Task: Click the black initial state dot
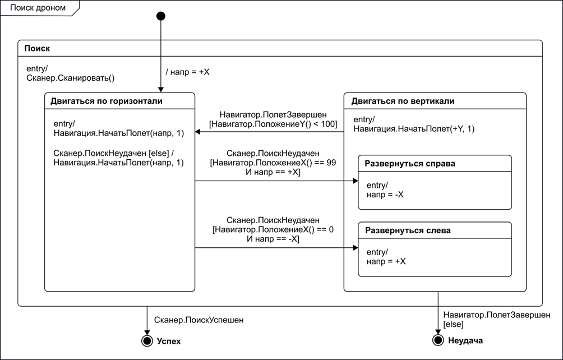pyautogui.click(x=161, y=16)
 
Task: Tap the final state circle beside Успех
pyautogui.click(x=147, y=340)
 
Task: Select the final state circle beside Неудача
pyautogui.click(x=438, y=340)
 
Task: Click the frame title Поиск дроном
pyautogui.click(x=38, y=8)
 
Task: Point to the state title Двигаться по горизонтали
pyautogui.click(x=107, y=101)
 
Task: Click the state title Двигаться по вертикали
pyautogui.click(x=403, y=101)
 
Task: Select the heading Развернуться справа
pyautogui.click(x=410, y=163)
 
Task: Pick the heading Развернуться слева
pyautogui.click(x=408, y=230)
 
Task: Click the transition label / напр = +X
pyautogui.click(x=187, y=72)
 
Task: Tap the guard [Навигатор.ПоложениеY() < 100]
pyautogui.click(x=273, y=124)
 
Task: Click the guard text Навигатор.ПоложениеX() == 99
pyautogui.click(x=274, y=163)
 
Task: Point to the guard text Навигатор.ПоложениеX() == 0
pyautogui.click(x=273, y=229)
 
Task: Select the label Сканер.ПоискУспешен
pyautogui.click(x=199, y=320)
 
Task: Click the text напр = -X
pyautogui.click(x=385, y=195)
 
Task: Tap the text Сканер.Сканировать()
pyautogui.click(x=71, y=78)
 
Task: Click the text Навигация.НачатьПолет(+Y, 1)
pyautogui.click(x=414, y=128)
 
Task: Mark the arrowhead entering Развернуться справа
pyautogui.click(x=356, y=181)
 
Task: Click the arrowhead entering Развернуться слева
pyautogui.click(x=356, y=248)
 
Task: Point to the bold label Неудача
pyautogui.click(x=465, y=340)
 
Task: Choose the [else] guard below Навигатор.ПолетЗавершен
pyautogui.click(x=454, y=324)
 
